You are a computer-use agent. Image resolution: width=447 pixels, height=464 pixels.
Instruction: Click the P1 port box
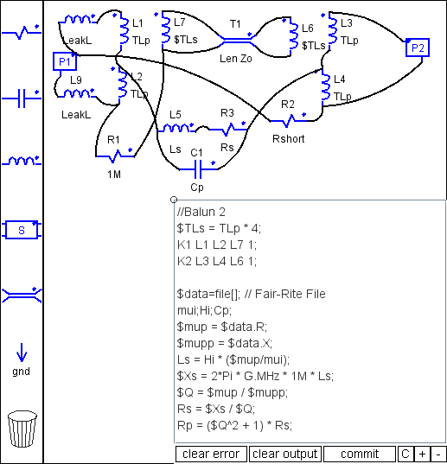65,61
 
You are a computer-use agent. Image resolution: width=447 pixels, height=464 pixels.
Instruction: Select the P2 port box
418,48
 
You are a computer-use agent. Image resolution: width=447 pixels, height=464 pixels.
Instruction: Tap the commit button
360,454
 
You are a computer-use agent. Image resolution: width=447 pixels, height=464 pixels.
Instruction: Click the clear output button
285,454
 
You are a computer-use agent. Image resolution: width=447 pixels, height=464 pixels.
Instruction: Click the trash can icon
22,429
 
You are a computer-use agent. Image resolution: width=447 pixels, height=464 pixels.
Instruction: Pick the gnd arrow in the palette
22,353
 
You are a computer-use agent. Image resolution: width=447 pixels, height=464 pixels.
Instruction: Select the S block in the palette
22,230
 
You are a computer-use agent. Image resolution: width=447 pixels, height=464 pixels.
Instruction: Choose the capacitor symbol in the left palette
22,98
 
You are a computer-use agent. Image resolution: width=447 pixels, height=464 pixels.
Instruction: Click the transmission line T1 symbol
238,41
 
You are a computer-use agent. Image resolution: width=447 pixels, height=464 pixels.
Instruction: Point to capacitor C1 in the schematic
198,169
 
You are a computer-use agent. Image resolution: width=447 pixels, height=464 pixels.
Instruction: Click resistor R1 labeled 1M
115,156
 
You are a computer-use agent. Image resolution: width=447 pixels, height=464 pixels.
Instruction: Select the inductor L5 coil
176,129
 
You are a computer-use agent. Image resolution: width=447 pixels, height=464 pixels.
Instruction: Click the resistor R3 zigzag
228,129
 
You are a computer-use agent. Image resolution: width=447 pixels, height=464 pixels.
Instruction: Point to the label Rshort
288,139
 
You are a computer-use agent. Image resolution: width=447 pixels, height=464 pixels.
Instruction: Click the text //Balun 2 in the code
201,213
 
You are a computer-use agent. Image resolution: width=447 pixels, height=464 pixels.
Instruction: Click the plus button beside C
422,454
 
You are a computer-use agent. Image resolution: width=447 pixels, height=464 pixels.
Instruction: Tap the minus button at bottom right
438,454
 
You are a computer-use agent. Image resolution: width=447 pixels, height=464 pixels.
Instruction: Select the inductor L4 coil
326,86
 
